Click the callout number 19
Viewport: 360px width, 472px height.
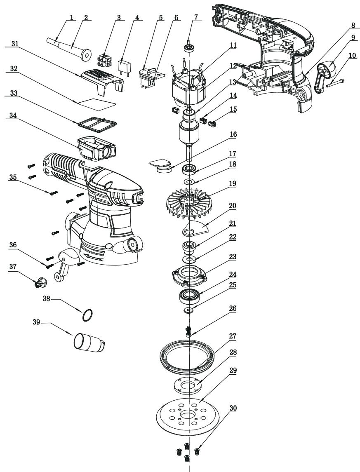(x=233, y=183)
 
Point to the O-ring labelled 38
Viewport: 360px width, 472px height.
(x=87, y=315)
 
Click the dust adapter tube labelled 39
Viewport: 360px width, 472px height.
(x=89, y=342)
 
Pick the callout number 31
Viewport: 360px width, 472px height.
(x=14, y=44)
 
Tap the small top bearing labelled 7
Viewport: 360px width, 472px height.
(x=189, y=47)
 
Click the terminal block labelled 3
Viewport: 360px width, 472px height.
(x=104, y=61)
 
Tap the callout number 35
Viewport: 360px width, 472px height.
(x=13, y=177)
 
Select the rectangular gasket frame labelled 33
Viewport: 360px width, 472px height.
(x=97, y=124)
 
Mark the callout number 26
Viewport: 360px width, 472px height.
(x=233, y=308)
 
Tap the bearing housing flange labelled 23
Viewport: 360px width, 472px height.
(x=189, y=275)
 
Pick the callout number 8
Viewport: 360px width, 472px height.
(x=353, y=25)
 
